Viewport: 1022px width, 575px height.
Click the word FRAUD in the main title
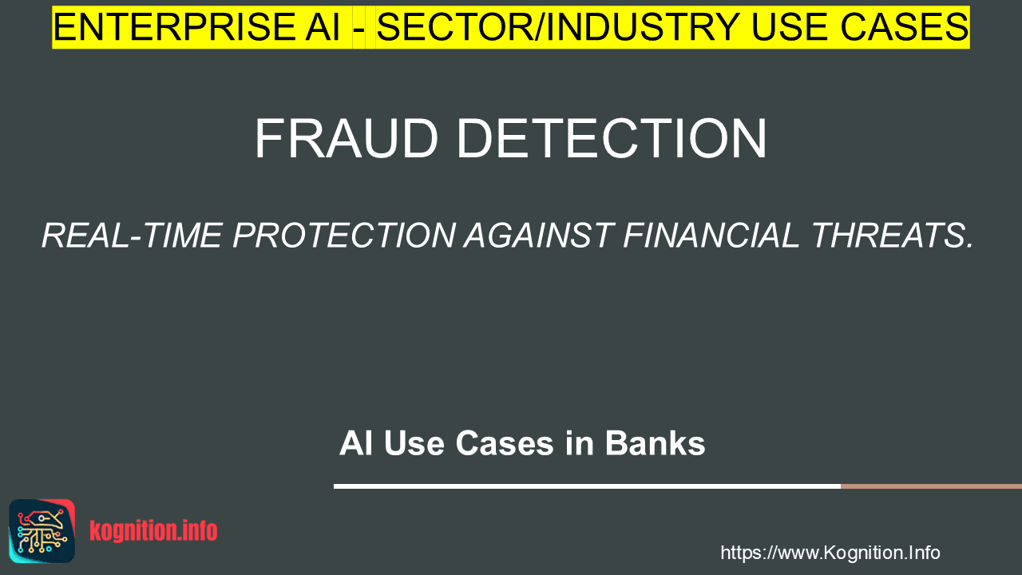347,138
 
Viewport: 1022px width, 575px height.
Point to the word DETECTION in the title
612,138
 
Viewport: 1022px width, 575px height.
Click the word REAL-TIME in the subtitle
132,236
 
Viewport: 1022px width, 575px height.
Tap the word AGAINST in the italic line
538,236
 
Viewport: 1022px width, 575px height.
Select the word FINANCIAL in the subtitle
711,236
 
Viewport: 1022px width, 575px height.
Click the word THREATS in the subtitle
888,236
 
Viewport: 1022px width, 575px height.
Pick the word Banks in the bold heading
656,443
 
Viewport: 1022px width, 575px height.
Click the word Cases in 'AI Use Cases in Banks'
505,443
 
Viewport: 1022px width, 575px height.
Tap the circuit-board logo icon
42,531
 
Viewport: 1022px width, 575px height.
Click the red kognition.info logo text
153,531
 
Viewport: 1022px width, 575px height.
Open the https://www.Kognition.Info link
830,553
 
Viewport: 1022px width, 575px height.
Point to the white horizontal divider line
587,486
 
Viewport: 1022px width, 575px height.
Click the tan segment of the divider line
931,486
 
